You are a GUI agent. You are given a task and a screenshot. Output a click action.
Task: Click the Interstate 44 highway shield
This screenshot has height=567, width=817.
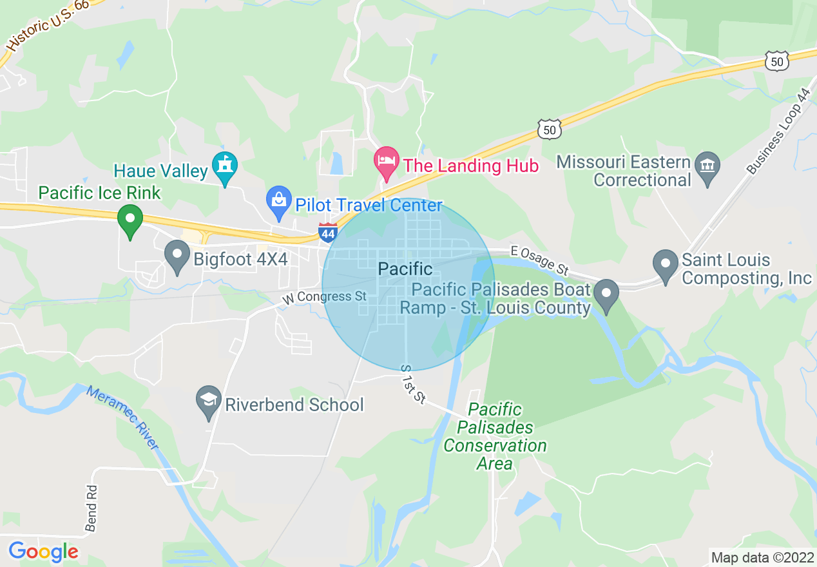click(x=327, y=232)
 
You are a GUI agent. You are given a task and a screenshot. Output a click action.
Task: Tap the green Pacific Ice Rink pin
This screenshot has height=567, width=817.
click(x=130, y=220)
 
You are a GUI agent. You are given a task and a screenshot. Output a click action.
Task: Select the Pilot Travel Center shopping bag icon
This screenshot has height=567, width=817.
click(x=279, y=202)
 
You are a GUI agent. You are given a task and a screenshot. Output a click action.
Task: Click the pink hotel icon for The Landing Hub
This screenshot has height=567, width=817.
click(x=387, y=162)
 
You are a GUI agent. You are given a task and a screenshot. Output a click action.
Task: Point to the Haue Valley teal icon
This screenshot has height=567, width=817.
click(x=225, y=167)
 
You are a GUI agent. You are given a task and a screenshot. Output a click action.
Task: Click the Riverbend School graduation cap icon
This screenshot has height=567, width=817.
click(x=209, y=402)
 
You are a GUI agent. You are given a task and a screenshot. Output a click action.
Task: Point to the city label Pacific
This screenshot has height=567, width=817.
click(x=405, y=269)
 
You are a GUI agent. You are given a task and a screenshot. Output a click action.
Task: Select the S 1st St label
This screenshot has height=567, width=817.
click(x=413, y=385)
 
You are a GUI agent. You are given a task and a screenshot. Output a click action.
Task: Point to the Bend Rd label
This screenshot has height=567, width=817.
click(x=91, y=508)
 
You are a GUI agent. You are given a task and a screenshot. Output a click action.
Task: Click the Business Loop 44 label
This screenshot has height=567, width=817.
click(x=778, y=131)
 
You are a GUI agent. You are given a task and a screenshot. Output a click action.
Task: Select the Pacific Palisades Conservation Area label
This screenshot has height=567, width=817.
click(x=495, y=436)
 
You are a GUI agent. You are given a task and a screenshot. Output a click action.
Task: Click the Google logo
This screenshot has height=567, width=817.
click(x=43, y=552)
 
